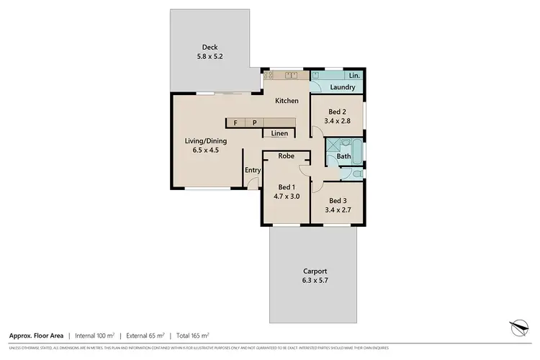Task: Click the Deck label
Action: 190,48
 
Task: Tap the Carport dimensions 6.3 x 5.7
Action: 314,281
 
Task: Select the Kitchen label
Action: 287,101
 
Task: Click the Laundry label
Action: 343,88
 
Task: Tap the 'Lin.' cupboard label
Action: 354,75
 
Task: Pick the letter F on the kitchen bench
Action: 235,123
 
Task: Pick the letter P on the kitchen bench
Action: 253,123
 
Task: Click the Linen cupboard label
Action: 279,133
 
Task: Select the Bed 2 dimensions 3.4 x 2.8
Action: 338,122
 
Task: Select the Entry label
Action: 252,170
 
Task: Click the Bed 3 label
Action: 338,200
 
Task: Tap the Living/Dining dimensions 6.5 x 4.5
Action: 206,150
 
